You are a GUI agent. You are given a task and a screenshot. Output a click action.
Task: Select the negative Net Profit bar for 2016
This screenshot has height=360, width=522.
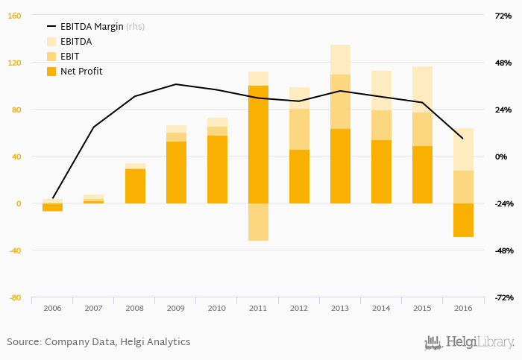point(463,220)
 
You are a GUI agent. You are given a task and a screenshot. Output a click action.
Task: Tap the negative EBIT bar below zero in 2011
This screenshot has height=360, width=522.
point(258,222)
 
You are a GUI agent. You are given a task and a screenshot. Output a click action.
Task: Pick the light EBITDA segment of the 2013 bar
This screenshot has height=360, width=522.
point(340,60)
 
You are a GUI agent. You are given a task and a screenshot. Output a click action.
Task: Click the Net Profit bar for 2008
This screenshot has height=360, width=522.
point(135,186)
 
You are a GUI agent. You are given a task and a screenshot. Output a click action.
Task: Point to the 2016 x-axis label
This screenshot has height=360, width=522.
point(463,308)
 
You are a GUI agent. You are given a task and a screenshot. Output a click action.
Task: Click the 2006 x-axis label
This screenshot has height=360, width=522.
point(52,308)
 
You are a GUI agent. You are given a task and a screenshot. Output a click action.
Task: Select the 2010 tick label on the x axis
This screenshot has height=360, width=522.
point(217,308)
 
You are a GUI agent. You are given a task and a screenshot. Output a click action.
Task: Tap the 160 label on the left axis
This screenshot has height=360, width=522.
point(15,16)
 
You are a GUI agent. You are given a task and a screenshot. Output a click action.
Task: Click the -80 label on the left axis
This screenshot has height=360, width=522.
point(15,297)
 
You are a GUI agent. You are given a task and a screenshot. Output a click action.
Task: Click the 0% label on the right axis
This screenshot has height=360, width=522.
point(502,157)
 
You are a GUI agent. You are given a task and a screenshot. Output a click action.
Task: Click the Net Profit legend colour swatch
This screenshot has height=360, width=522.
point(51,72)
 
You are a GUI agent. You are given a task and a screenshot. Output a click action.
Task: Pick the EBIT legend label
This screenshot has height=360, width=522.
point(71,57)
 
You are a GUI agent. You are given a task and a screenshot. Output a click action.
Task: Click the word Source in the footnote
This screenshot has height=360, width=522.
point(22,342)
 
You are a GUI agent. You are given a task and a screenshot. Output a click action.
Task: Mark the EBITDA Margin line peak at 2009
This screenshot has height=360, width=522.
point(176,84)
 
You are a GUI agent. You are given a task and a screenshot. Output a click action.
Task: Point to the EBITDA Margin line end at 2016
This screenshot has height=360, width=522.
point(463,139)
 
